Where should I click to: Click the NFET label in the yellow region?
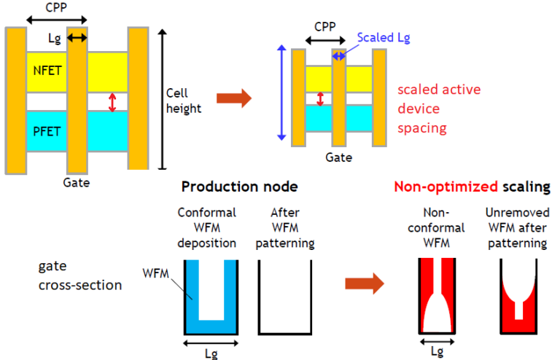42,71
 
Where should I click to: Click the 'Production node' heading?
239,187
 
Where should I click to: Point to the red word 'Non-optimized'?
436,187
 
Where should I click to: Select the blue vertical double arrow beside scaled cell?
280,93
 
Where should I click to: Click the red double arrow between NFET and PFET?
112,101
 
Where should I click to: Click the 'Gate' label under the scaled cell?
340,156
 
